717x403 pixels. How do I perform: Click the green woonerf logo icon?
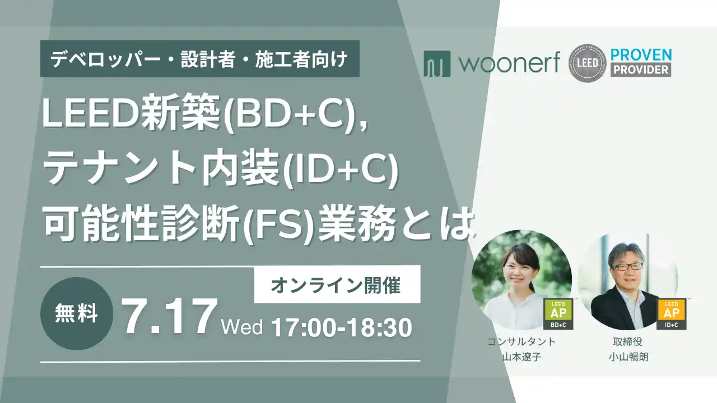coord(437,64)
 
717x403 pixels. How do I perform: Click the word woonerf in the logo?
coord(510,63)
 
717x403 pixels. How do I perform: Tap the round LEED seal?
coord(588,63)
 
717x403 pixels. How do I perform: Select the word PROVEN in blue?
coord(641,55)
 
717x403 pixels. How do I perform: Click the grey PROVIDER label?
coord(641,70)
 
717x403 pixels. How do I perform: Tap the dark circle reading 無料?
coord(77,313)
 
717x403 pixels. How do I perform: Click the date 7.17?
coord(169,316)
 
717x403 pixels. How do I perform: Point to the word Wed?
coord(242,327)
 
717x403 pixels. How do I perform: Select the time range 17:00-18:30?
coord(342,327)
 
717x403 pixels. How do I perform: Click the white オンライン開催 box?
coord(337,284)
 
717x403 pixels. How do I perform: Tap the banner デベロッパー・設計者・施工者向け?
coord(200,59)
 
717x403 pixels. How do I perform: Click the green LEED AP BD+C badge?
coord(558,314)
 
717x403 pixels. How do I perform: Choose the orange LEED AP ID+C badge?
coord(671,314)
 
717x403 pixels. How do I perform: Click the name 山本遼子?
coord(522,357)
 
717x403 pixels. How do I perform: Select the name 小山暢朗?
coord(628,357)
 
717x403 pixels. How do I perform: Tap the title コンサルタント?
coord(522,341)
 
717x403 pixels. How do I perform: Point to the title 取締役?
coord(628,341)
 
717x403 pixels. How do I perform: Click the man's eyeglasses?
coord(626,266)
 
